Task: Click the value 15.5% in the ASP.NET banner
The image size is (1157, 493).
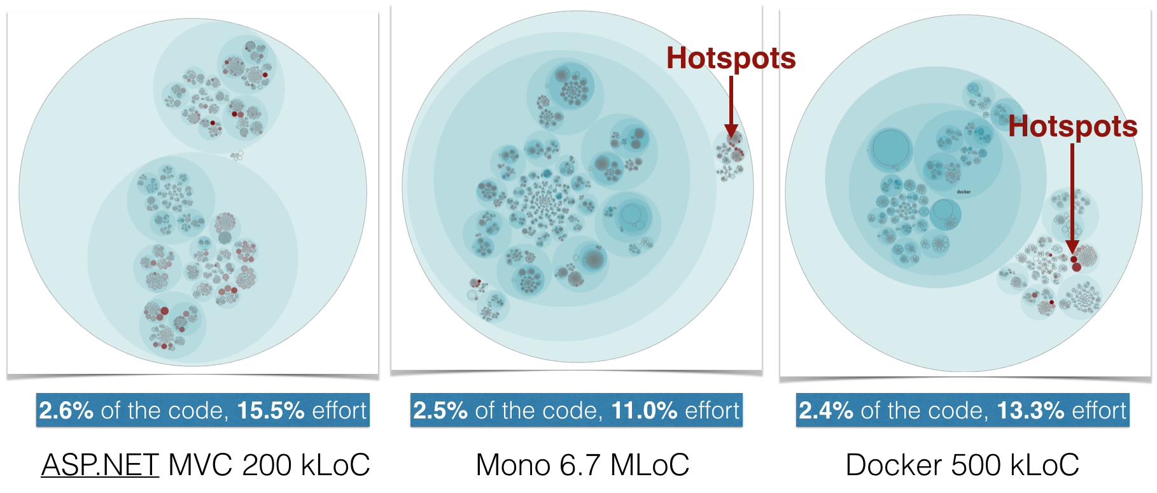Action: [x=270, y=411]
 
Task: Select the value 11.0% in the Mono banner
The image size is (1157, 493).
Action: [x=644, y=411]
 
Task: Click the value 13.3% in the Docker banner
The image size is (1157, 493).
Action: [x=1029, y=411]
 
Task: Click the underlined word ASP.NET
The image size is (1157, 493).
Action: [x=100, y=465]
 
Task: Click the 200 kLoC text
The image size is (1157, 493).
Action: [x=306, y=465]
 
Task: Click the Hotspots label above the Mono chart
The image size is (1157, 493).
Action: [x=731, y=59]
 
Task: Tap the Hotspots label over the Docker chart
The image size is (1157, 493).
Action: [x=1072, y=126]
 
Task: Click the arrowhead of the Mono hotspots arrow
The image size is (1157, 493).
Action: [x=731, y=132]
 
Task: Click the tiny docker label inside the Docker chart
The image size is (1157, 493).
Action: [x=964, y=192]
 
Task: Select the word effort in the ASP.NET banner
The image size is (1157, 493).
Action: [x=339, y=411]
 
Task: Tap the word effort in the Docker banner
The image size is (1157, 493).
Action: [x=1098, y=411]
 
